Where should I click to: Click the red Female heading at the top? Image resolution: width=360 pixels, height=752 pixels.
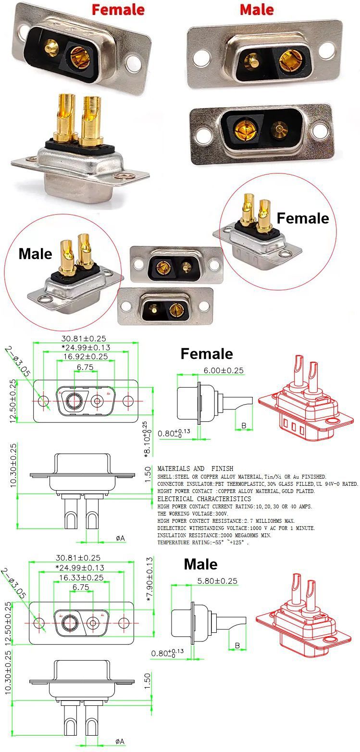(x=118, y=9)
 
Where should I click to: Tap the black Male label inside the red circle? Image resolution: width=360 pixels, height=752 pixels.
(x=35, y=254)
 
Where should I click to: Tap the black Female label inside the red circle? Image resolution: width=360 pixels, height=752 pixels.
(x=303, y=218)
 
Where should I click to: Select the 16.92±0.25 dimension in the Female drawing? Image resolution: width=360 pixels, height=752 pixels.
(x=86, y=356)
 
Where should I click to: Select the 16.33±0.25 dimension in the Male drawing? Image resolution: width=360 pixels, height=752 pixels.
(x=82, y=578)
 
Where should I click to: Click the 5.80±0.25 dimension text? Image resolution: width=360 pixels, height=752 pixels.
(x=217, y=580)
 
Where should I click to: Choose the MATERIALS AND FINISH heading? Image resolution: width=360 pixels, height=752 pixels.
(x=195, y=468)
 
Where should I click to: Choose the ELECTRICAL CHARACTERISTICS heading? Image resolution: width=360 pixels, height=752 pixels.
(x=204, y=499)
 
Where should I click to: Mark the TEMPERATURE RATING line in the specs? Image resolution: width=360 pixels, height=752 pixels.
(x=204, y=542)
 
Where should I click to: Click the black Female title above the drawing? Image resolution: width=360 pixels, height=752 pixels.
(x=207, y=354)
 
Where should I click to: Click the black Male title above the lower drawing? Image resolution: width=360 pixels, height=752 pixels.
(x=200, y=564)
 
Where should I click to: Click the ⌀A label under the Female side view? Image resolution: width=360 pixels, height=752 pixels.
(x=120, y=539)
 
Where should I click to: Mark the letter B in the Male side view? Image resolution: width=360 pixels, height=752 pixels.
(x=236, y=646)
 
